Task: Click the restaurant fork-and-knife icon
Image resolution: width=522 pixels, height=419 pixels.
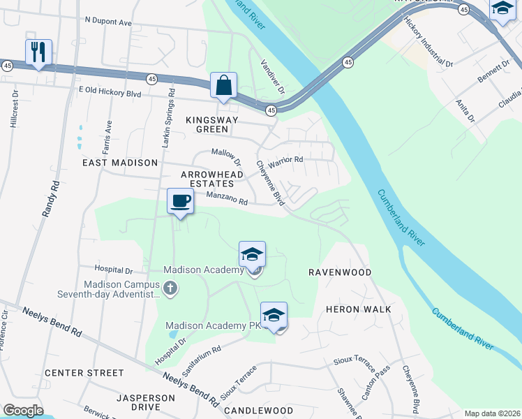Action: (x=38, y=52)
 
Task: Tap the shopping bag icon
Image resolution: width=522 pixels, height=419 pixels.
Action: (x=223, y=85)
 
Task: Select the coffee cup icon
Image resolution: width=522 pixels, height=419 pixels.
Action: (x=180, y=201)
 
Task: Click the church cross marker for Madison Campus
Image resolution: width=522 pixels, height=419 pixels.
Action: (x=170, y=288)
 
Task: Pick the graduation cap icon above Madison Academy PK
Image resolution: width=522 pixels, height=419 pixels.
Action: (x=274, y=316)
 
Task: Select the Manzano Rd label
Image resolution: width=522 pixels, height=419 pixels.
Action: (x=227, y=201)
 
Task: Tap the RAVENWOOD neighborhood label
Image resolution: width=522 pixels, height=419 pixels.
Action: (x=340, y=272)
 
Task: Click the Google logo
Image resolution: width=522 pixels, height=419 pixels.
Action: (x=23, y=411)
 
